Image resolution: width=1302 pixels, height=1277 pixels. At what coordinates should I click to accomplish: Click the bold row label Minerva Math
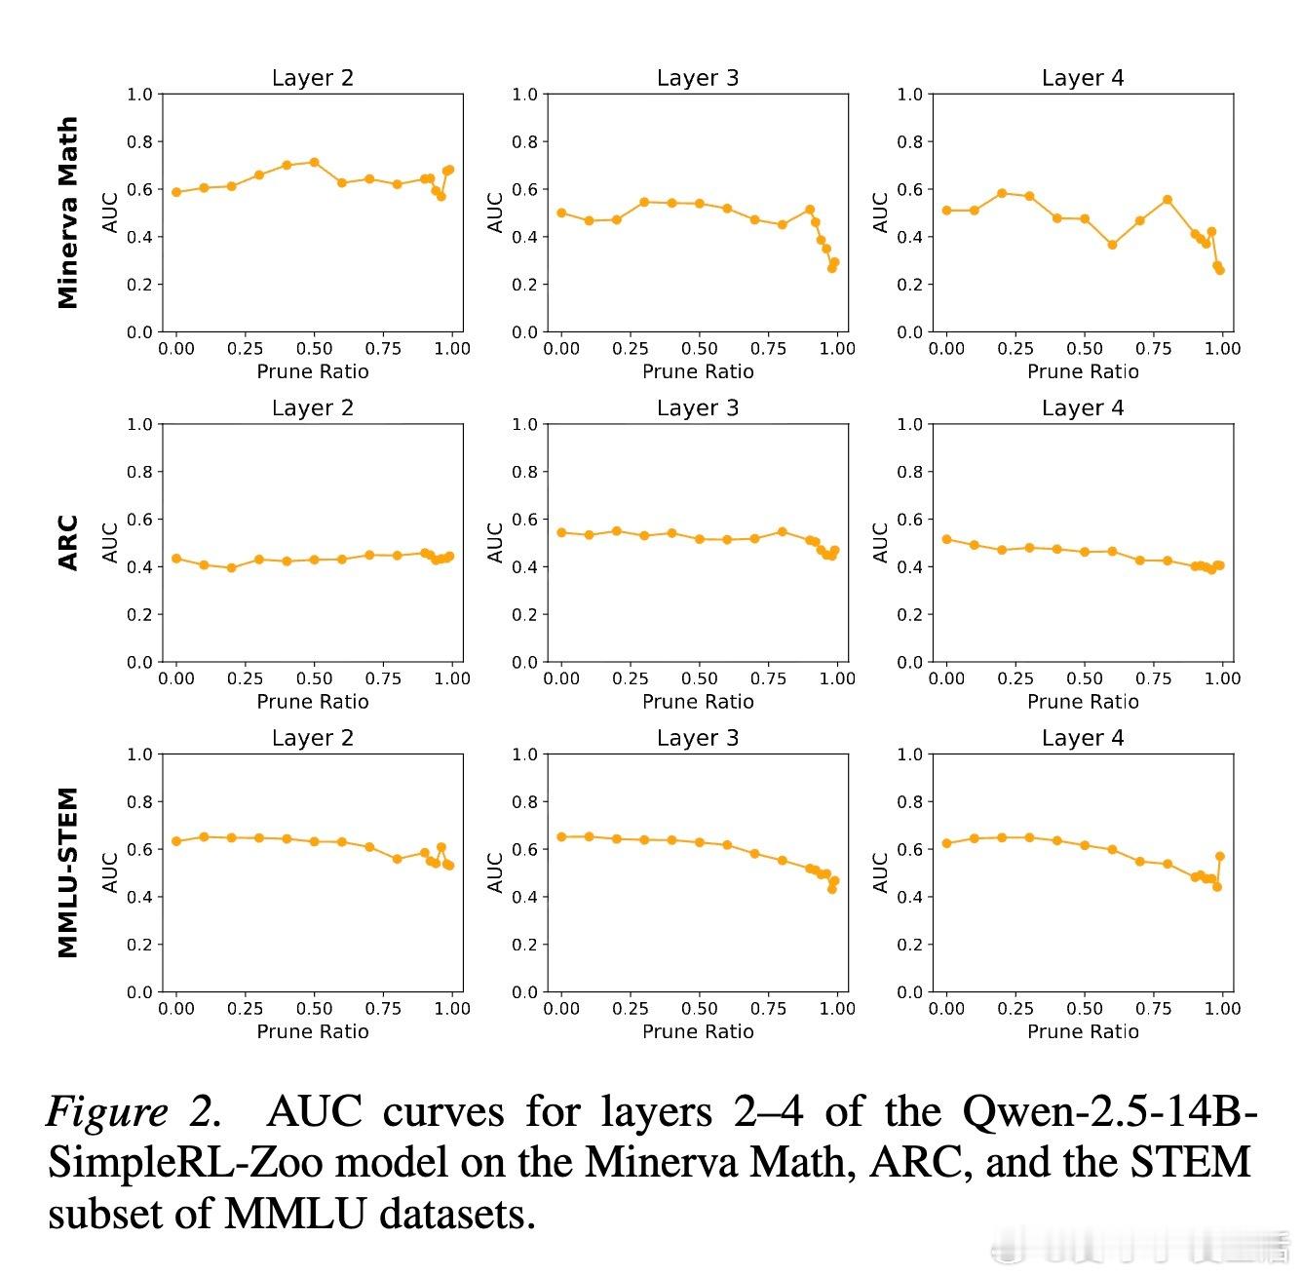click(67, 213)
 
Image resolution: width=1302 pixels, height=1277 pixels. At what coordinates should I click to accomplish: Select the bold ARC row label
click(67, 543)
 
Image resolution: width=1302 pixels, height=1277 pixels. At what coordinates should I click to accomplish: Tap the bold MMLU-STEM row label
click(67, 872)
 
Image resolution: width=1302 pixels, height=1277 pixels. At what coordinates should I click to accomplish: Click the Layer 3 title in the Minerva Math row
click(698, 78)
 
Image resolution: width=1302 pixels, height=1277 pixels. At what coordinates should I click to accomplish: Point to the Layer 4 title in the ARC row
click(1083, 408)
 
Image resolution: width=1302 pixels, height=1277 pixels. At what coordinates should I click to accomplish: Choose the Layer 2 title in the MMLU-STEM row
click(313, 738)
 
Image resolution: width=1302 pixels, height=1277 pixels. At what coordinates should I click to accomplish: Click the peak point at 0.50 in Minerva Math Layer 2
click(314, 162)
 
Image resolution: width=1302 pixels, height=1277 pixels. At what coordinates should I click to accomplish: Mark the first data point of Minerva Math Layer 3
click(561, 213)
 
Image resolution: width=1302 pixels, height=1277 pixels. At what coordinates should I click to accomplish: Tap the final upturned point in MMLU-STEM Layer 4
click(1220, 856)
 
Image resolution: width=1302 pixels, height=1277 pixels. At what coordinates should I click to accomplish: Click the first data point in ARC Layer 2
click(176, 559)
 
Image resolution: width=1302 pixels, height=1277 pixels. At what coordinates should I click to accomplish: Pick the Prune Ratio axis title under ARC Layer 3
click(698, 701)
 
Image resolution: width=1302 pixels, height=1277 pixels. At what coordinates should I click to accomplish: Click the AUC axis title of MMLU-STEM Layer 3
click(495, 872)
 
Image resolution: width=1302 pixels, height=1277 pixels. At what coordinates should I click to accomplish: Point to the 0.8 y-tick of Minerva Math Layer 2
click(140, 142)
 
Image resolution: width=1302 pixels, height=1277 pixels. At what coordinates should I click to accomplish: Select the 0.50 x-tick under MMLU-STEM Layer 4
click(1085, 1009)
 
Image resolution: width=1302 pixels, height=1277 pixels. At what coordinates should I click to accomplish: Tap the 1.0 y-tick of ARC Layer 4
click(910, 424)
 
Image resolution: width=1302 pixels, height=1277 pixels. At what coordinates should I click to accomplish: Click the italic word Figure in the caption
click(107, 1111)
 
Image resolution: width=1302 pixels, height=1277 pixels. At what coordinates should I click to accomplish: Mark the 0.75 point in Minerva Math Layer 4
click(1168, 200)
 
